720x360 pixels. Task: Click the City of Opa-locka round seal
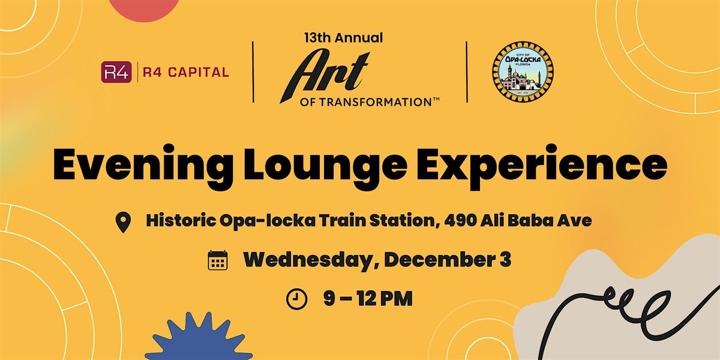point(523,71)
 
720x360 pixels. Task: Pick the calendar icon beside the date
point(217,260)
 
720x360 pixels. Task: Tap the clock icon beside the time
point(296,298)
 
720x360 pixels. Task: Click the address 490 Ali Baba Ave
point(518,220)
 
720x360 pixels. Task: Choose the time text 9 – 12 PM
point(368,298)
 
